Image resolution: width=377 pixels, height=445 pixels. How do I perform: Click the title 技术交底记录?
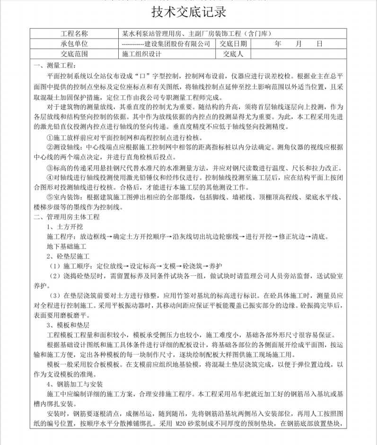(x=188, y=12)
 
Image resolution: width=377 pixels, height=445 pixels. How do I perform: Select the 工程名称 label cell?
(x=74, y=34)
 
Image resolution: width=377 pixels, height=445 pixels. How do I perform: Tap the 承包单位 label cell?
(x=74, y=44)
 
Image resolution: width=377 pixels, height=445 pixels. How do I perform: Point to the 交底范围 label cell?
(x=74, y=54)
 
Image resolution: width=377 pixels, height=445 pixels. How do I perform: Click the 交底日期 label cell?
(x=232, y=44)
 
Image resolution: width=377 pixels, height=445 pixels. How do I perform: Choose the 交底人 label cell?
(x=232, y=54)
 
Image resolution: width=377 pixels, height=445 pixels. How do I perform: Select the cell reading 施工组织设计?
(x=142, y=54)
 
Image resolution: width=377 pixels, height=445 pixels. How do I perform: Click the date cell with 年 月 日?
(x=298, y=44)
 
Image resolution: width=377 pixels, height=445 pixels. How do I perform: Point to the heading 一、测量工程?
(x=54, y=65)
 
